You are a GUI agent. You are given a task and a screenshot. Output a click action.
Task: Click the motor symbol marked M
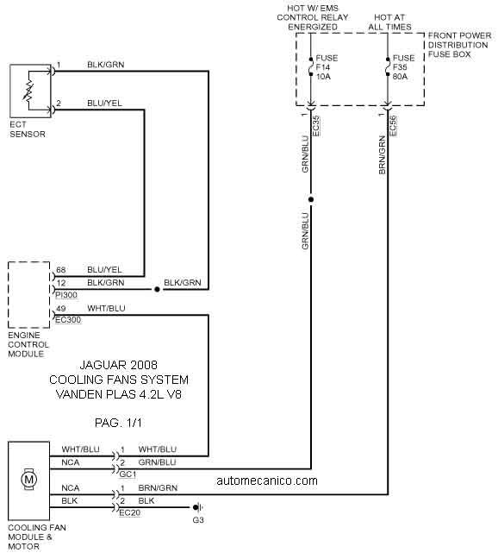[28, 479]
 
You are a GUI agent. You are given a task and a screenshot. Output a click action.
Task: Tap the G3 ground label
[198, 520]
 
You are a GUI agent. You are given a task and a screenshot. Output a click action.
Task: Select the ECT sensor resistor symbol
[28, 91]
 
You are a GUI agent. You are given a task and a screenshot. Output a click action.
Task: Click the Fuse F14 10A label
[327, 67]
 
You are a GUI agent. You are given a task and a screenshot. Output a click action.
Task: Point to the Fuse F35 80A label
[404, 67]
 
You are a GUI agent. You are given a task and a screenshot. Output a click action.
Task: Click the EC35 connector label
[315, 126]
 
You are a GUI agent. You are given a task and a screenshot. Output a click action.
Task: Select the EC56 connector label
[393, 126]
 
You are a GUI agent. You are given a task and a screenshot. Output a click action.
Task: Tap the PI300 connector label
[66, 295]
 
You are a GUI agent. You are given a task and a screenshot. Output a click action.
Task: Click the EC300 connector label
[68, 320]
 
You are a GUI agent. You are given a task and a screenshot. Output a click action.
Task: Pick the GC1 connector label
[128, 474]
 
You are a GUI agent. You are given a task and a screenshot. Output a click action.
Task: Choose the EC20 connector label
[129, 513]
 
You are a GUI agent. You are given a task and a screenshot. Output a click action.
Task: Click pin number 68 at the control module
[61, 270]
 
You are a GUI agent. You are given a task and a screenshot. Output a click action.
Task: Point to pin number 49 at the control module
[61, 308]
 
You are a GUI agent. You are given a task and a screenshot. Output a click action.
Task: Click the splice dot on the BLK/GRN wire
[157, 290]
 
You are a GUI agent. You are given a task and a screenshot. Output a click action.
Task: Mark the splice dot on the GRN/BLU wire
[311, 199]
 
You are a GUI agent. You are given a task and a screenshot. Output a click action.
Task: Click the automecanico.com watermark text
[267, 480]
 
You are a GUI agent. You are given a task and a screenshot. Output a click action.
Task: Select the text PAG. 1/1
[118, 423]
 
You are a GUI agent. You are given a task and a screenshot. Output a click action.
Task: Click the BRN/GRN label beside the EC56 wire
[383, 154]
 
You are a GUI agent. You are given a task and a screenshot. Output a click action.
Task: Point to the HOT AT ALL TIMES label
[389, 22]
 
